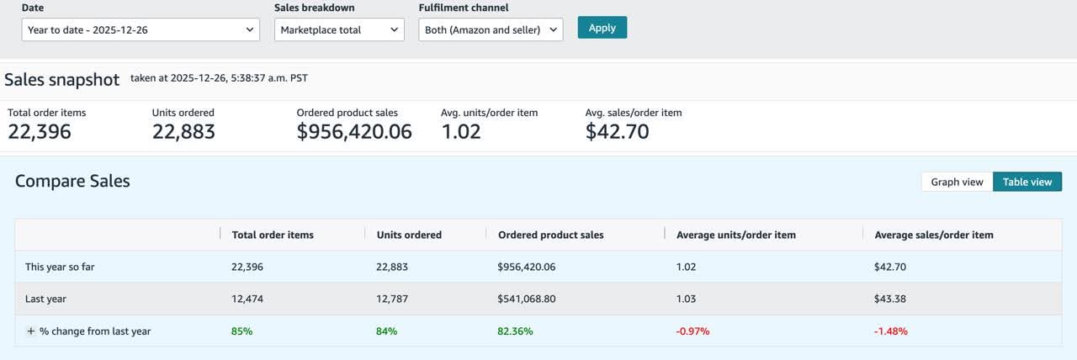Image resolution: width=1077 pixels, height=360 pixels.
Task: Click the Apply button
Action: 602,28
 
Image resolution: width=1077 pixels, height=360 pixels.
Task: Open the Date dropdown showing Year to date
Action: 141,30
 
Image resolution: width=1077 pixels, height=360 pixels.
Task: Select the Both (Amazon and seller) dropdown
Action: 491,30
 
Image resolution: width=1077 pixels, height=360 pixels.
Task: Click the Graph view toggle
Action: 957,182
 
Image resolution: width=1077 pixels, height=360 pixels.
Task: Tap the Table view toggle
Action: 1027,182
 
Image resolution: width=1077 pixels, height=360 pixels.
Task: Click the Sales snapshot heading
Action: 62,80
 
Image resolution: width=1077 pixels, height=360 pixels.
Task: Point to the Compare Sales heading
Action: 72,181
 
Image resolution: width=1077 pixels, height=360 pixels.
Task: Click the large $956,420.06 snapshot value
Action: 354,132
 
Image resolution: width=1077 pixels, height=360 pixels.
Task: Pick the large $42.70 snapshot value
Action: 617,132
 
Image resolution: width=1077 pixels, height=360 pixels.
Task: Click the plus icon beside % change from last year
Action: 30,331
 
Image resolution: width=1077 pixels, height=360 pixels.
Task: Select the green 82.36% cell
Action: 516,331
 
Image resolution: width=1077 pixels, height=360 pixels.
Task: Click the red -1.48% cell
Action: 891,331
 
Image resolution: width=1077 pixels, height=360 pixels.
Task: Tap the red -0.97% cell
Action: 692,331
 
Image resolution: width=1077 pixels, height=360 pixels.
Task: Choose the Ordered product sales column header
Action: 550,235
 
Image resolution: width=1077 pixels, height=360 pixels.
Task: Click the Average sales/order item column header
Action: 934,235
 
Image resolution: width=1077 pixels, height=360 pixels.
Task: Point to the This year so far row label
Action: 60,267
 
